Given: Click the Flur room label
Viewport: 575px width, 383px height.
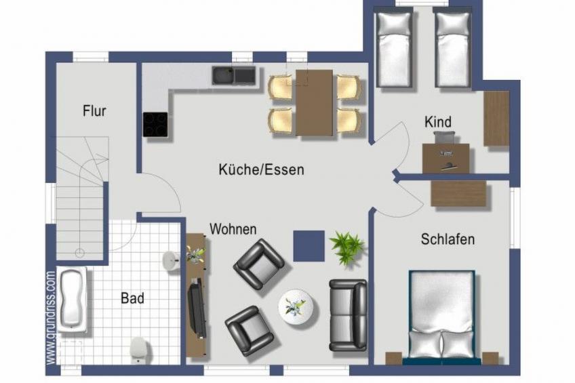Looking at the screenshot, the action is (x=94, y=110).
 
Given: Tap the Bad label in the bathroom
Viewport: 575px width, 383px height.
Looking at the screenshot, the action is (x=132, y=298).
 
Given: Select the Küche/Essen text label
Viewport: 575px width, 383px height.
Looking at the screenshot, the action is (x=261, y=169).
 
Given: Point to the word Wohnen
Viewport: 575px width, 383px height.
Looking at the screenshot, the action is (x=233, y=229).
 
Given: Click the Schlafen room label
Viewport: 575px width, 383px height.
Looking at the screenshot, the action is (x=448, y=239).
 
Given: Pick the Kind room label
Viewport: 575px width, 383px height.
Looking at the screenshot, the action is (x=438, y=122).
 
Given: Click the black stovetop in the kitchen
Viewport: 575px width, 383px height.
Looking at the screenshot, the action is (x=155, y=125).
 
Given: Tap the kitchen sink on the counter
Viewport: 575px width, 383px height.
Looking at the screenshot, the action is (x=233, y=76).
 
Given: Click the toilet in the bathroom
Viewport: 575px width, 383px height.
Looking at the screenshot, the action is (x=139, y=349).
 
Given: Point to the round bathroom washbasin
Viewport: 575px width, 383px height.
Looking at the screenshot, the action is (x=170, y=260).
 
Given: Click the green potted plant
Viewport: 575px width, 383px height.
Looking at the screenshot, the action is (x=346, y=247).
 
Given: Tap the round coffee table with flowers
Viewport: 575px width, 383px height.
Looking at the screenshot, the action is (x=296, y=306).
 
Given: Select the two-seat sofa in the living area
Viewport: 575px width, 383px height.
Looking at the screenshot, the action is (x=348, y=315).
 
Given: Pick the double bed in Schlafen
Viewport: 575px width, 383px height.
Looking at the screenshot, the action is (x=442, y=317).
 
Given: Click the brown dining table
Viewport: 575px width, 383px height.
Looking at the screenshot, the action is (x=315, y=102).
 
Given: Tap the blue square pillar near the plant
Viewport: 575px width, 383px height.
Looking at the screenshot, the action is (x=309, y=246).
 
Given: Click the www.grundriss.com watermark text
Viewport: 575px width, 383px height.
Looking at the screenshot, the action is (x=51, y=317).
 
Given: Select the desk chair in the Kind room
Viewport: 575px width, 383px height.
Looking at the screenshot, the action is (x=445, y=138).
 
